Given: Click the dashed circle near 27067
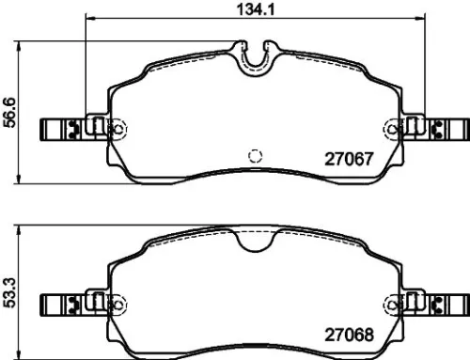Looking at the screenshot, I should click(x=253, y=155).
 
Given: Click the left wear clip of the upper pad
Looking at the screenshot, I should click(x=64, y=129).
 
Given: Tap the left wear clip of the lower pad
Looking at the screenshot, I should click(x=64, y=304).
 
